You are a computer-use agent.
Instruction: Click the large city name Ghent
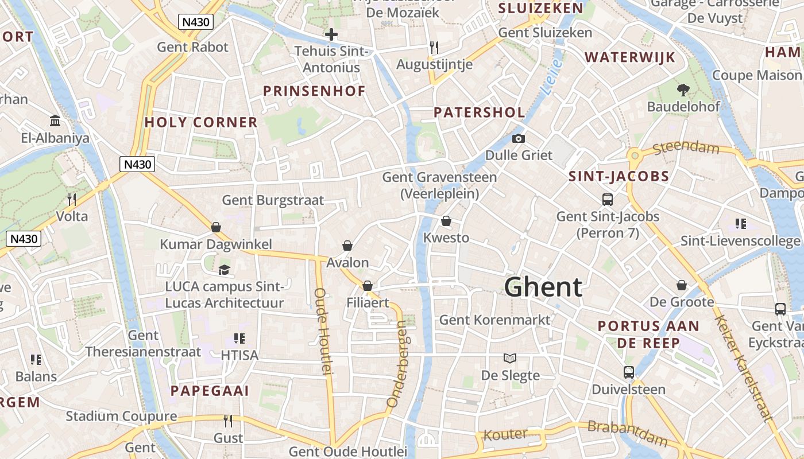click(x=543, y=287)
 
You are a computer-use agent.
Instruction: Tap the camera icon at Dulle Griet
click(x=518, y=138)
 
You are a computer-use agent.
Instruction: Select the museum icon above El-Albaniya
click(x=56, y=120)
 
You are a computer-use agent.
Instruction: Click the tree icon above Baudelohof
click(x=683, y=90)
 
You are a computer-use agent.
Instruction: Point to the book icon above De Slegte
click(x=509, y=358)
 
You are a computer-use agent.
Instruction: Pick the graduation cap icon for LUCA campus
click(x=224, y=270)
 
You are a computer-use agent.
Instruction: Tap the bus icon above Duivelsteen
click(x=629, y=372)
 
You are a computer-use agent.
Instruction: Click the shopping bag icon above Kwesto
click(x=446, y=221)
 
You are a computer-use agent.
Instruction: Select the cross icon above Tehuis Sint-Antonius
click(x=331, y=34)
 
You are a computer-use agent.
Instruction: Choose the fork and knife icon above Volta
click(x=72, y=199)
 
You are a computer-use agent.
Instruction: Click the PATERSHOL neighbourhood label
click(x=480, y=112)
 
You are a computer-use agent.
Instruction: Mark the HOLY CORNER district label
click(x=201, y=122)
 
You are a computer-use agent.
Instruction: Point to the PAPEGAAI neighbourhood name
click(x=210, y=391)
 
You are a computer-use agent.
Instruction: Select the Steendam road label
click(x=686, y=149)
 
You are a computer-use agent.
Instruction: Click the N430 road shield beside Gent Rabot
click(x=196, y=22)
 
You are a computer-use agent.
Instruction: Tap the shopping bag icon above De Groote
click(x=682, y=285)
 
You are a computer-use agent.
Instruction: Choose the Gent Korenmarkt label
click(x=494, y=320)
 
